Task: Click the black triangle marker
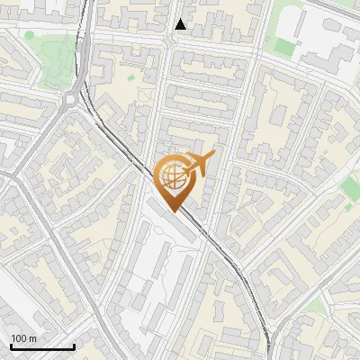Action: (x=181, y=24)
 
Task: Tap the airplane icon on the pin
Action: (x=199, y=165)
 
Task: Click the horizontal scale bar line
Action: (x=42, y=347)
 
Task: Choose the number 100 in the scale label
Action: (x=19, y=338)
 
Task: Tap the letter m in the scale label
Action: (x=32, y=339)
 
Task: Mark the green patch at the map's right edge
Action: (x=349, y=188)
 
